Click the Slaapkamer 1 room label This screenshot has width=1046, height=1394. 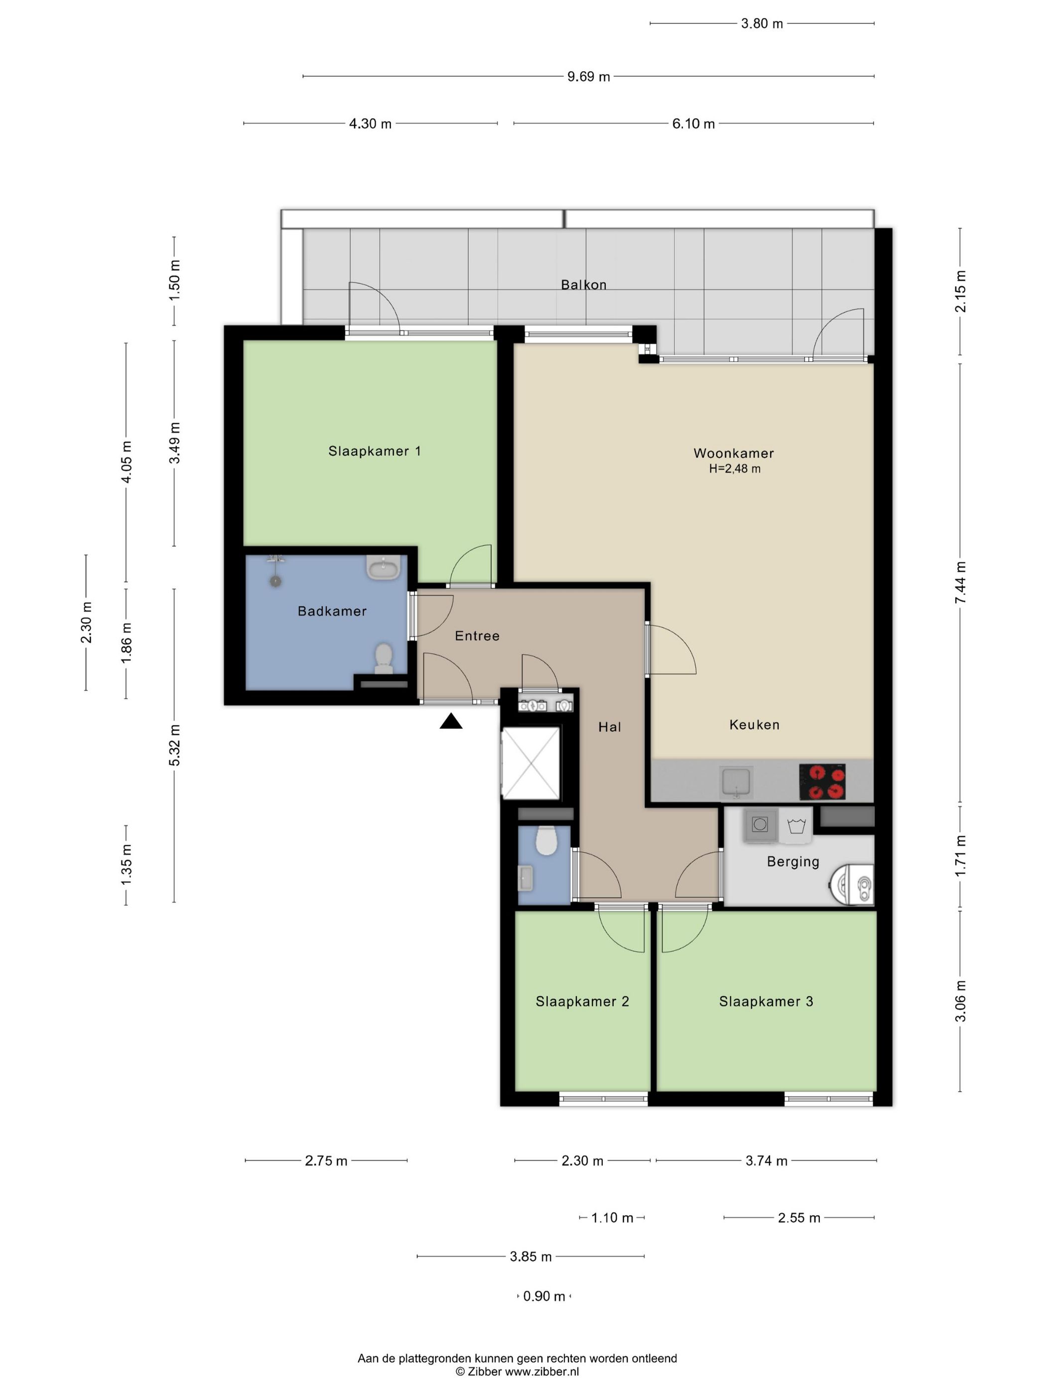pos(374,451)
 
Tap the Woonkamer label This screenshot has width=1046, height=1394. pos(733,453)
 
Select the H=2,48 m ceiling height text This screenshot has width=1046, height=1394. pos(735,469)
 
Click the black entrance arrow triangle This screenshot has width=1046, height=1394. pos(451,721)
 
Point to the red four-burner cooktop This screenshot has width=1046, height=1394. pos(822,782)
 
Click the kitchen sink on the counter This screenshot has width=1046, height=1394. pos(736,782)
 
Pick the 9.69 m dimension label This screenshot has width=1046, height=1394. pos(588,77)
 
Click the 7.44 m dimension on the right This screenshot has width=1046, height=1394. pos(960,583)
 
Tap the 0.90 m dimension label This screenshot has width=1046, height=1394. pos(544,1296)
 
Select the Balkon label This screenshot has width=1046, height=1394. pos(584,285)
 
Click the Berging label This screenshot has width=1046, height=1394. pos(793,861)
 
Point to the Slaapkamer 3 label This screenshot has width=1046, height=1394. pos(766,1001)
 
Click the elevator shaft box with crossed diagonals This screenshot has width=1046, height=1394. pos(531,763)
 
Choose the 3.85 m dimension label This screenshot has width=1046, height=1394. pos(531,1257)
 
